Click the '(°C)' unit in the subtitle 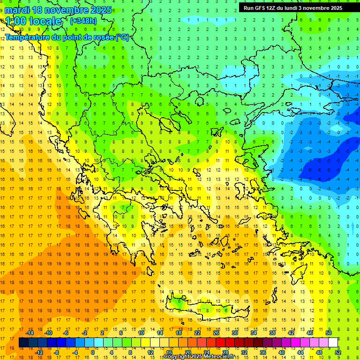point(122,37)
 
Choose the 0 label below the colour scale point(93,352)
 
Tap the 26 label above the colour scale point(216,333)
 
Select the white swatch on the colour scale point(333,343)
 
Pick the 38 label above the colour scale point(272,333)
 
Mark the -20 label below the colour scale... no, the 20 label point(187,352)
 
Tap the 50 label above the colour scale point(329,333)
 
